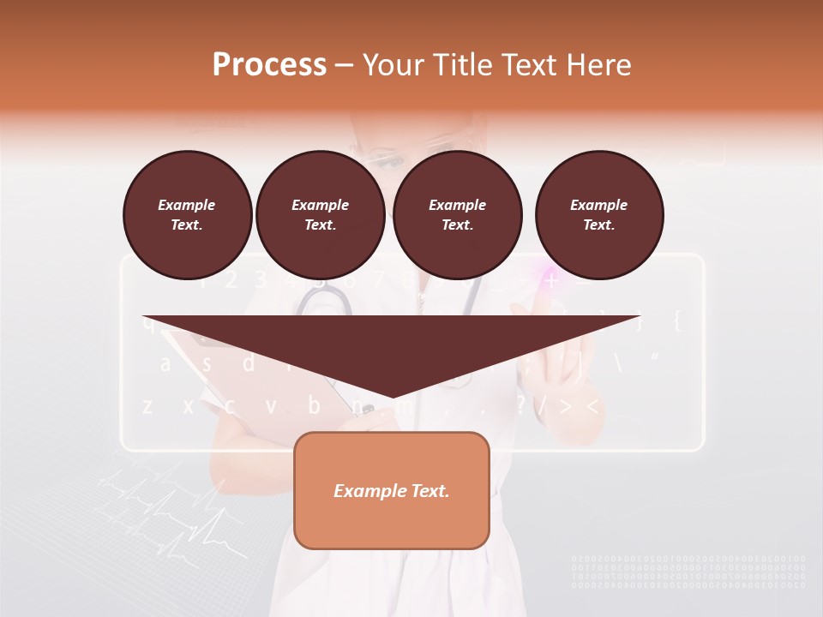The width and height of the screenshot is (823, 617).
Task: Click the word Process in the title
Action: click(269, 65)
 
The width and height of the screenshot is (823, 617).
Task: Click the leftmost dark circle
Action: click(187, 214)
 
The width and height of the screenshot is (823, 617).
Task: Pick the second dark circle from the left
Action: click(320, 214)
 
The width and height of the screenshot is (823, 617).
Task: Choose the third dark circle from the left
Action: click(457, 214)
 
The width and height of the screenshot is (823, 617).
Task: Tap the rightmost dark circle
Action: click(598, 214)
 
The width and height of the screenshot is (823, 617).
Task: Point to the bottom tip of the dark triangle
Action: click(393, 396)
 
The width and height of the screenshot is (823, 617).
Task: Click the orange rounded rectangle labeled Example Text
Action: click(392, 490)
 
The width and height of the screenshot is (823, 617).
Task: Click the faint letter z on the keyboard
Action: click(147, 405)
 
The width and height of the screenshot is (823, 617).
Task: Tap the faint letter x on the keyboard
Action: click(188, 405)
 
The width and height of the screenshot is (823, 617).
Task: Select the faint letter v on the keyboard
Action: click(271, 405)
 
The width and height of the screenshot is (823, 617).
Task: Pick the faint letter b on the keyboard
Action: click(314, 404)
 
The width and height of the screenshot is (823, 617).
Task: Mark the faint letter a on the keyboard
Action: click(165, 363)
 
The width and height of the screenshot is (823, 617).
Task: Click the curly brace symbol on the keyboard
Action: click(676, 321)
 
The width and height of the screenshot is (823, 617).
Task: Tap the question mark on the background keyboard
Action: click(521, 405)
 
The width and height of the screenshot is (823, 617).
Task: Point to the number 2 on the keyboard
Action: click(230, 279)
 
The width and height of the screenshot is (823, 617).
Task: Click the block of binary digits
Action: click(688, 572)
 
